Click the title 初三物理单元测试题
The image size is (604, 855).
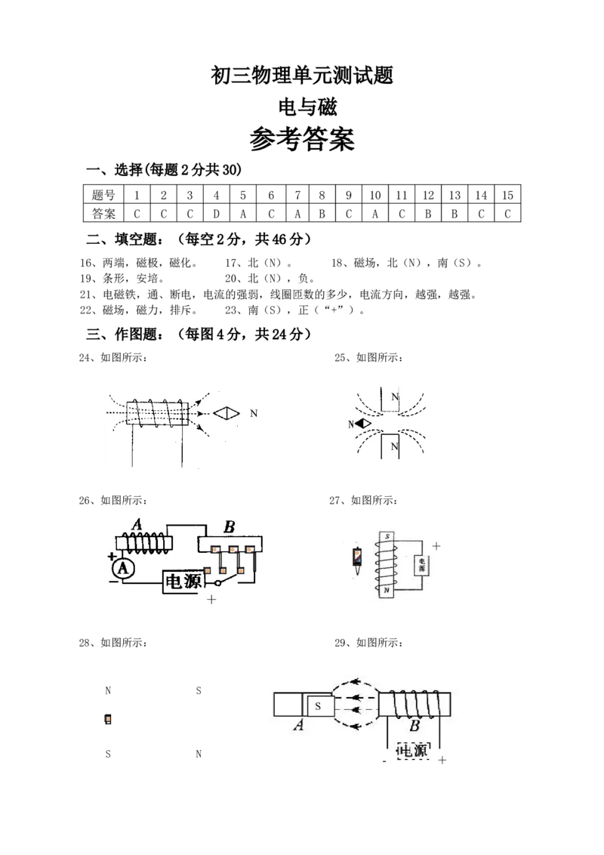302,76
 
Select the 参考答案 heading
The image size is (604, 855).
302,139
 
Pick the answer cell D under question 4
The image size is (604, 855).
217,214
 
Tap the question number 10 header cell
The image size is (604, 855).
375,195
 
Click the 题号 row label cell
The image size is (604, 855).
103,195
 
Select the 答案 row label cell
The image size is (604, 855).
103,214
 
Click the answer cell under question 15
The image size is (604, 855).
507,214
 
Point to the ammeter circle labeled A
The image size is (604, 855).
123,569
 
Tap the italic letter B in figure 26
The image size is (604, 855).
230,526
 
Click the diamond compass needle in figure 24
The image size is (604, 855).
226,413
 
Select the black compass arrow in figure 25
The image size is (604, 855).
362,423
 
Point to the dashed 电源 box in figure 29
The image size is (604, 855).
414,751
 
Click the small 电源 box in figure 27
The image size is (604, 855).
422,565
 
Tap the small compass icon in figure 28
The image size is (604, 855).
108,719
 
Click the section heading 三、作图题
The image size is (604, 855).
125,335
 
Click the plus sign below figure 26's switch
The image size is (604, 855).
211,599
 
